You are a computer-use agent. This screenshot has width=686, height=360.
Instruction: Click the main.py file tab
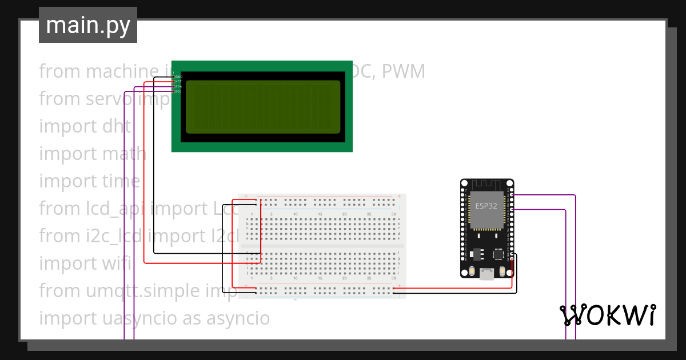87,25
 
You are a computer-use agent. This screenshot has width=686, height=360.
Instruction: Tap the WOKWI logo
607,315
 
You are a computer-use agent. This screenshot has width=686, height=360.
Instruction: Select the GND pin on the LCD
178,77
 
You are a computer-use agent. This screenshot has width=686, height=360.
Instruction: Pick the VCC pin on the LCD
178,82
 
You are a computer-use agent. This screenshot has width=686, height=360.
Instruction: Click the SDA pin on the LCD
178,86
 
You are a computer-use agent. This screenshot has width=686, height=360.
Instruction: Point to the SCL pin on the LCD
178,91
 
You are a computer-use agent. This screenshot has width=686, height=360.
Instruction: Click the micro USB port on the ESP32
487,275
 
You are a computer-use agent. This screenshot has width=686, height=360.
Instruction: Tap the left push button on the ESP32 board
472,271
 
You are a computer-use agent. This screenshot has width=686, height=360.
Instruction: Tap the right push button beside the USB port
502,271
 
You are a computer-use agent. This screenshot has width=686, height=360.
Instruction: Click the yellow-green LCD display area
263,107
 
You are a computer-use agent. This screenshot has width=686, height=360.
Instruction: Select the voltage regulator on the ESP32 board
478,253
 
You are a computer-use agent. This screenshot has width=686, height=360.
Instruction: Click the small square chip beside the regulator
498,253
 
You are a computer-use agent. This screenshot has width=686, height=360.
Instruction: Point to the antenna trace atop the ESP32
486,185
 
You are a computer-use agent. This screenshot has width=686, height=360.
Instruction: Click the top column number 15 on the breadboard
320,214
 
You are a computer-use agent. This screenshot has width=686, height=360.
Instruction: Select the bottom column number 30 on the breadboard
393,278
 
